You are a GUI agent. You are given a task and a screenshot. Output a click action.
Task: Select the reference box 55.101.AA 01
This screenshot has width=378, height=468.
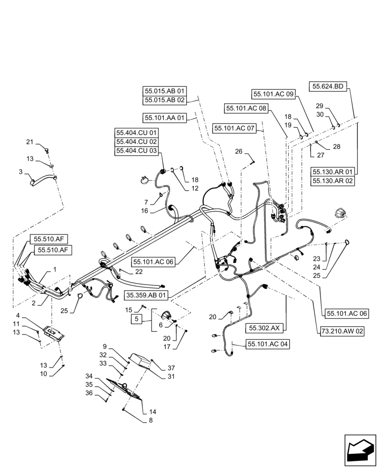[x=165, y=117]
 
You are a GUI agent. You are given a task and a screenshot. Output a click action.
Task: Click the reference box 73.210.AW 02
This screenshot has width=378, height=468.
[x=342, y=331]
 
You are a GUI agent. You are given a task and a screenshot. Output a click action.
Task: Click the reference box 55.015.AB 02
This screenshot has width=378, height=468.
[x=165, y=100]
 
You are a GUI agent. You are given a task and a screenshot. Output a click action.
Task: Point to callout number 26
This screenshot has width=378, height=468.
[x=239, y=151]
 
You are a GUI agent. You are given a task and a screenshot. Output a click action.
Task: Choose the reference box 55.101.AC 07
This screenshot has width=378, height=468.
[x=234, y=128]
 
